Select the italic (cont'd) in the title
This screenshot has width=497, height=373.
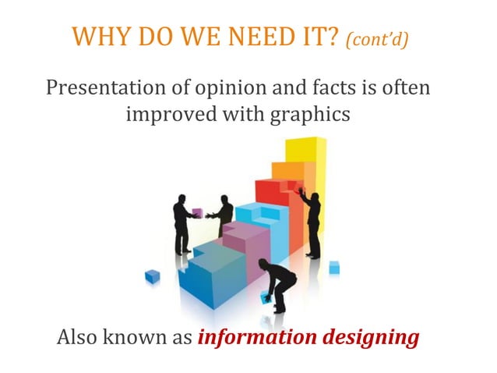click(x=376, y=39)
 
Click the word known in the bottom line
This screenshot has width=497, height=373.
click(x=142, y=339)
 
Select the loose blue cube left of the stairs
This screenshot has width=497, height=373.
click(x=153, y=275)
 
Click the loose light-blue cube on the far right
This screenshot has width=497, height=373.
click(x=333, y=268)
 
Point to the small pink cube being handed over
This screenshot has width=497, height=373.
click(x=198, y=212)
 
